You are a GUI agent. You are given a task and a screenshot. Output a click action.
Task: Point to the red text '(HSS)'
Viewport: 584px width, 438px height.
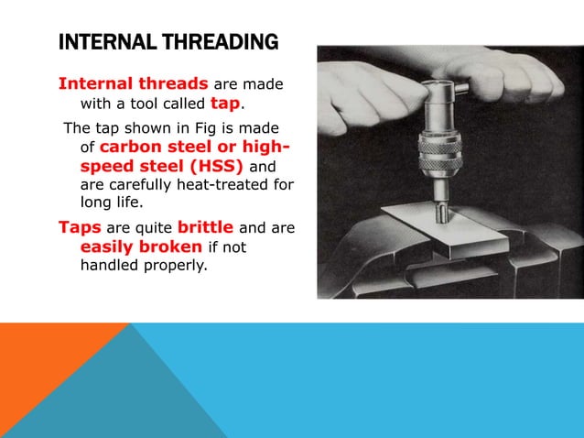(x=214, y=166)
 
